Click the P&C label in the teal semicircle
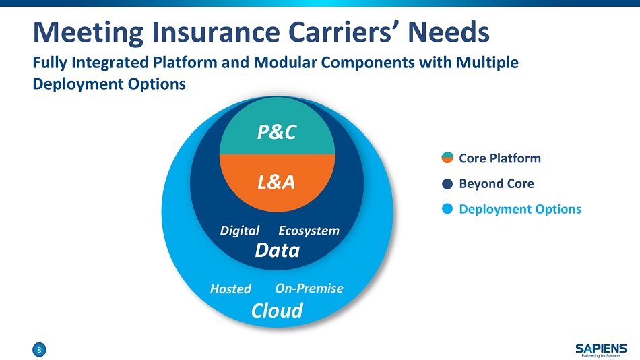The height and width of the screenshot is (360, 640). pyautogui.click(x=276, y=133)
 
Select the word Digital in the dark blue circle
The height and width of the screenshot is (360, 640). pyautogui.click(x=239, y=231)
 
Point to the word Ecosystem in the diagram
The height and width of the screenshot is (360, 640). pyautogui.click(x=309, y=231)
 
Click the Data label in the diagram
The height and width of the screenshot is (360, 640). pyautogui.click(x=277, y=251)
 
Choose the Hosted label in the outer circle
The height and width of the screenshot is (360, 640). pyautogui.click(x=230, y=289)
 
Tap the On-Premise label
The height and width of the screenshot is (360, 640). pyautogui.click(x=309, y=289)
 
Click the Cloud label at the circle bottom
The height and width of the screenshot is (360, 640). pyautogui.click(x=277, y=310)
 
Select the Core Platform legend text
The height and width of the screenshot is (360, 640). pyautogui.click(x=500, y=158)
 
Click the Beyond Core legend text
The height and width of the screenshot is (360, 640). pyautogui.click(x=497, y=183)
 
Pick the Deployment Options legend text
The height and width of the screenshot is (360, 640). pyautogui.click(x=520, y=209)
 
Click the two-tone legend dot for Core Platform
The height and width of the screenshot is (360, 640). pyautogui.click(x=447, y=158)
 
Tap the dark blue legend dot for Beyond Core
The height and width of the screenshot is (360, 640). pyautogui.click(x=447, y=183)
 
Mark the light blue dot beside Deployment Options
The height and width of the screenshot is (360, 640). pyautogui.click(x=447, y=209)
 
